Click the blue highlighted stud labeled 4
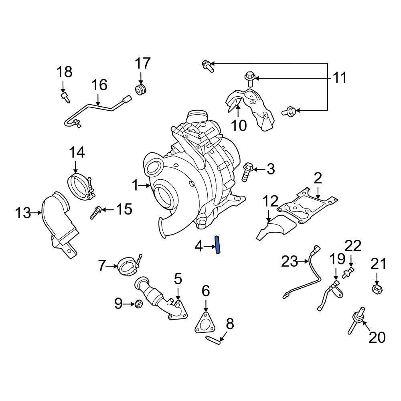click(x=218, y=245)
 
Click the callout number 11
click(x=340, y=77)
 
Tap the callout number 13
click(x=23, y=213)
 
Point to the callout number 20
click(x=377, y=337)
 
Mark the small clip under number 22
click(x=346, y=274)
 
